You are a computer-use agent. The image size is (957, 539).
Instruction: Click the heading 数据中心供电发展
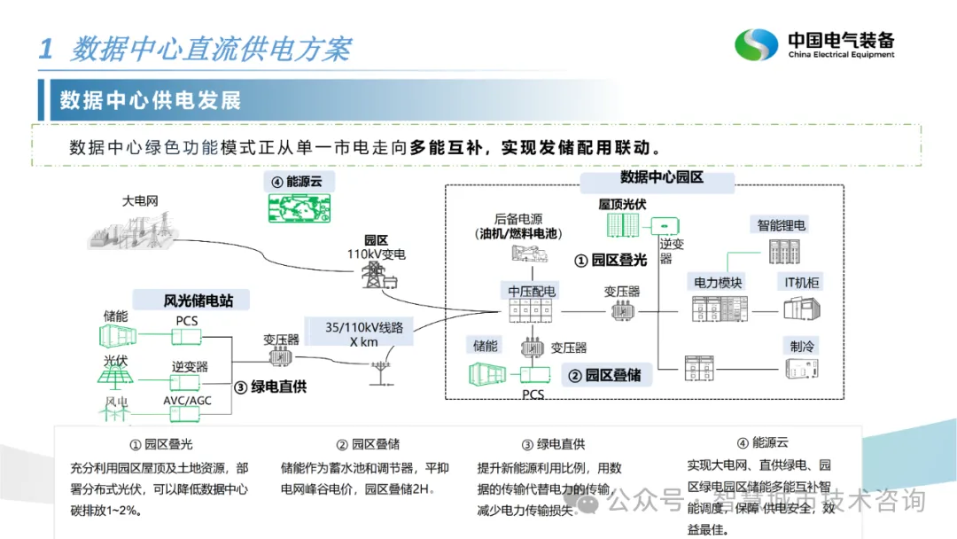click(151, 100)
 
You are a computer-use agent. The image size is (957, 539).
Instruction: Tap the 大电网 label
click(140, 200)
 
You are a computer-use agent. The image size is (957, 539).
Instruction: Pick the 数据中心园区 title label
click(661, 178)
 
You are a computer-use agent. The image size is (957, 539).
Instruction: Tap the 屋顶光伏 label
click(622, 205)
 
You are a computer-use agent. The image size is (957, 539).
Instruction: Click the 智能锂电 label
click(782, 225)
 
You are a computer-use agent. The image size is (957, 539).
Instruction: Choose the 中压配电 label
click(532, 291)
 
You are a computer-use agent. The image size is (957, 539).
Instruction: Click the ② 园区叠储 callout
click(606, 375)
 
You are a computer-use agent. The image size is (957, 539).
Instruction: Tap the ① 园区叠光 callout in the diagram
click(611, 261)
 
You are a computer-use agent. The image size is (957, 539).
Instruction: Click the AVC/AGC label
click(188, 400)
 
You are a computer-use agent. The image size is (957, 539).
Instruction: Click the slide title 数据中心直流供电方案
click(211, 49)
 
